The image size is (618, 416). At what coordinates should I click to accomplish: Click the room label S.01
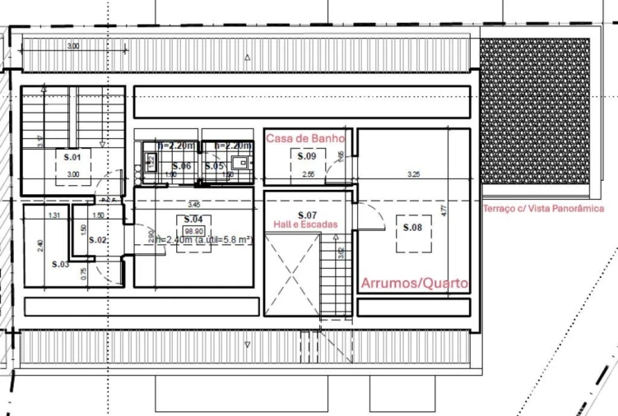[x=73, y=155]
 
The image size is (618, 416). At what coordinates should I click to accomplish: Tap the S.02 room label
[x=97, y=240]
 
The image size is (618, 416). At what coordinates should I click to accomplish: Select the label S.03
[x=60, y=264]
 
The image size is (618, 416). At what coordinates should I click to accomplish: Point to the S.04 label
[x=193, y=220]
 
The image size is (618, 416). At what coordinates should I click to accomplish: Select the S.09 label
[x=307, y=155]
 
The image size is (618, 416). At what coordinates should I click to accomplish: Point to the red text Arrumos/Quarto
[x=415, y=284]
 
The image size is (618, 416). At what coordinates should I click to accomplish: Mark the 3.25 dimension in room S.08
[x=414, y=174]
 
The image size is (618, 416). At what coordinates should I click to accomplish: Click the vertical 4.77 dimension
[x=443, y=210]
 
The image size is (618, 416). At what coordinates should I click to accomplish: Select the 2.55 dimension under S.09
[x=309, y=174]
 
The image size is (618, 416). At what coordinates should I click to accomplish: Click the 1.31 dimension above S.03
[x=54, y=215]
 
